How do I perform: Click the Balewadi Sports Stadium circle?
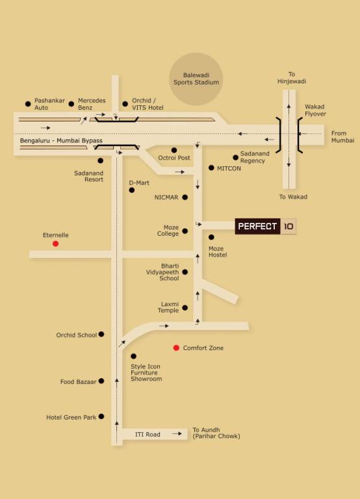pyautogui.click(x=196, y=79)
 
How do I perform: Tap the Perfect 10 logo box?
pyautogui.click(x=265, y=227)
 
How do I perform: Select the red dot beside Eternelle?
pyautogui.click(x=55, y=244)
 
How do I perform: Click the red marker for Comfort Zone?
pyautogui.click(x=176, y=348)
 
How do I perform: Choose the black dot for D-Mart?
pyautogui.click(x=132, y=190)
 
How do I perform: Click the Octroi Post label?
pyautogui.click(x=174, y=158)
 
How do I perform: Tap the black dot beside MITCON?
pyautogui.click(x=211, y=168)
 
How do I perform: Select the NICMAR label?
pyautogui.click(x=166, y=197)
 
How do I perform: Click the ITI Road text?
pyautogui.click(x=148, y=434)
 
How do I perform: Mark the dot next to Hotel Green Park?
pyautogui.click(x=101, y=416)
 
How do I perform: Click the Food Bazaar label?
pyautogui.click(x=78, y=382)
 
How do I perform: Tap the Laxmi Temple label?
pyautogui.click(x=169, y=307)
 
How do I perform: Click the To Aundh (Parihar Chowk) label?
pyautogui.click(x=216, y=433)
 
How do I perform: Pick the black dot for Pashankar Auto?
pyautogui.click(x=28, y=103)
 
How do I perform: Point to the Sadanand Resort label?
pyautogui.click(x=89, y=176)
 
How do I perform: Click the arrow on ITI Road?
pyautogui.click(x=177, y=433)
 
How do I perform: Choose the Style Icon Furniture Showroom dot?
pyautogui.click(x=133, y=356)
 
